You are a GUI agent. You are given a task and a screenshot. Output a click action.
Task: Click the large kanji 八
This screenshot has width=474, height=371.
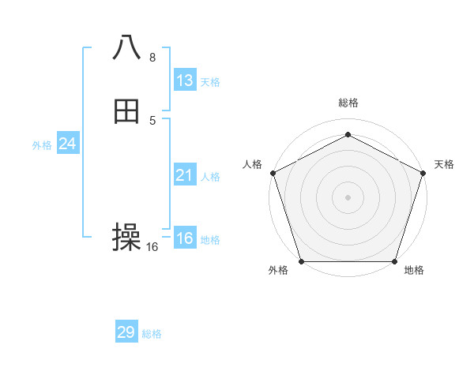127,47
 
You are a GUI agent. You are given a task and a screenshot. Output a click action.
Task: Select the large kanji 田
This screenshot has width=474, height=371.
127,111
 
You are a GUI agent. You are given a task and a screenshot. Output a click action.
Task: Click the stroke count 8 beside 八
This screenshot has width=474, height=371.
152,57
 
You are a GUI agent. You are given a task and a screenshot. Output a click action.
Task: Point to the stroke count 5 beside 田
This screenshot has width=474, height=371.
152,120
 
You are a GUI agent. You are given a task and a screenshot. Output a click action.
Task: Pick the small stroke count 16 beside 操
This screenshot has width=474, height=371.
152,247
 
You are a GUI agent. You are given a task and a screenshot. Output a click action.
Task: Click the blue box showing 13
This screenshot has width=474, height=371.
185,81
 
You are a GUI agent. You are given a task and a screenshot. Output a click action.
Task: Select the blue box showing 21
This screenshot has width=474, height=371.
185,175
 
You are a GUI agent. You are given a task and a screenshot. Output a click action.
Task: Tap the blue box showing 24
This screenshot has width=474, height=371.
68,144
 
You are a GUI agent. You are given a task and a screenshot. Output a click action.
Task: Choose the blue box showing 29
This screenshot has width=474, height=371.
126,332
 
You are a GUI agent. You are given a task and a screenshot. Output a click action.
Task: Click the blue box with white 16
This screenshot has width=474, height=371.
185,238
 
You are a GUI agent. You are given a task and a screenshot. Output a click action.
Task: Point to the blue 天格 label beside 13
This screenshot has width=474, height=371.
210,82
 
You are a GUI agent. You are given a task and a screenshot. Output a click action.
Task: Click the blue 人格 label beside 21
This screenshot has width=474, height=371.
210,177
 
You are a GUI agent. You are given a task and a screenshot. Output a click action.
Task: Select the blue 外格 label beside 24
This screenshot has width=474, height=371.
42,145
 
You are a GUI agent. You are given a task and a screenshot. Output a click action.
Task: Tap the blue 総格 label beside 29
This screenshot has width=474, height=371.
152,334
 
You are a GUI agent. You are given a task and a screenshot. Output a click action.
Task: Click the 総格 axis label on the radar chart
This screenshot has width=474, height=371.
348,103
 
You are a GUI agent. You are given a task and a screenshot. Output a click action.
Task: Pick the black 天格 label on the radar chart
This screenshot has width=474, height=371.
444,164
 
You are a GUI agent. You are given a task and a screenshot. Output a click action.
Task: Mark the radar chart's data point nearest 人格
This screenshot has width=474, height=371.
273,172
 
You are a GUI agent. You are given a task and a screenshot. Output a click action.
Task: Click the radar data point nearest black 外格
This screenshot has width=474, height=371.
301,261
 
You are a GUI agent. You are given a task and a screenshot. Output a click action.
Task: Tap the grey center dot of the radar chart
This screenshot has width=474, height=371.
348,197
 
